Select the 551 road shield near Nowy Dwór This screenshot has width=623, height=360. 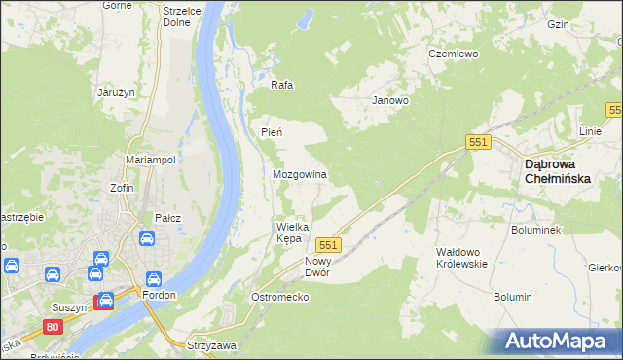329,245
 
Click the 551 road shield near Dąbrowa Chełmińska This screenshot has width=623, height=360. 478,142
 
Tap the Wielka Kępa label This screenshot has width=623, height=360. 292,232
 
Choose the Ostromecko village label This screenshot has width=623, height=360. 279,297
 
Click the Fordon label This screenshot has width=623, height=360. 157,295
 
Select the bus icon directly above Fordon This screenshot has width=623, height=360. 153,278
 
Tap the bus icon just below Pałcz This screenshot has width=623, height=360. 145,238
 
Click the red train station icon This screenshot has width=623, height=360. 102,302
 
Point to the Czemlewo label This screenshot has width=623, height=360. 455,54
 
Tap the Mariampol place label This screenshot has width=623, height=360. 150,159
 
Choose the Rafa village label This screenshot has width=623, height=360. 282,85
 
